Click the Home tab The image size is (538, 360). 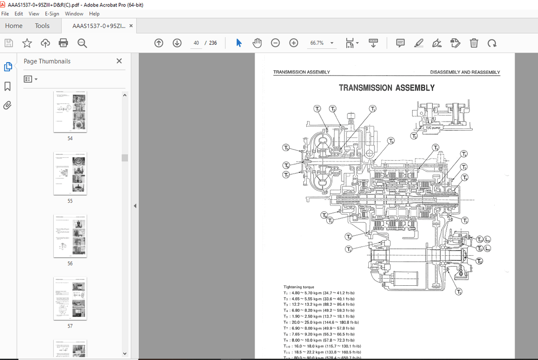pos(14,26)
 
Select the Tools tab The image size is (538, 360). pos(42,26)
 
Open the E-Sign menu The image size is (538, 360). pos(52,14)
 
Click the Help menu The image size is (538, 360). pos(94,14)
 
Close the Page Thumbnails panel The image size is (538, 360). pos(119,61)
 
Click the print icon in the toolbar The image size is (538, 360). pos(63,43)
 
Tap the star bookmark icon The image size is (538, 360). pos(27,43)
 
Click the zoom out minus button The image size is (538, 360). pos(276,43)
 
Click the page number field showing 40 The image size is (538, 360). pos(196,43)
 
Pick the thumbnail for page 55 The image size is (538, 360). pos(70,173)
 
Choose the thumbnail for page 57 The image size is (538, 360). pos(70,298)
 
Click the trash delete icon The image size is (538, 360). pos(474,43)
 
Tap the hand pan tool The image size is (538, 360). pos(257,43)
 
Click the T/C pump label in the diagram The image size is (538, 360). pos(432,128)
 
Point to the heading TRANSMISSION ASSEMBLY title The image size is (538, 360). pos(387,88)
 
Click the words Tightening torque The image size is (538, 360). pos(299,287)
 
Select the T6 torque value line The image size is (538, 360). pos(321,323)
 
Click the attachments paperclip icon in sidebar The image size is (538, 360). pos(7,105)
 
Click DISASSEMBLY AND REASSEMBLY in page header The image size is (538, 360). pos(465,73)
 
